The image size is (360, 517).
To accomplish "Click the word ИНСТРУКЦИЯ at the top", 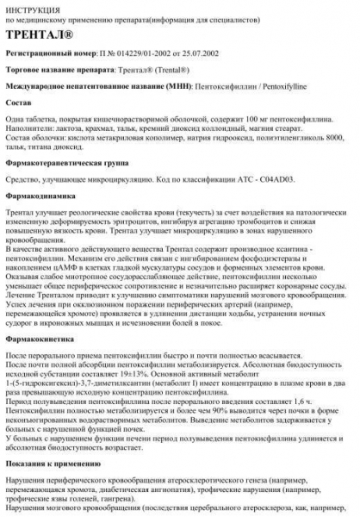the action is (x=32, y=7).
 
